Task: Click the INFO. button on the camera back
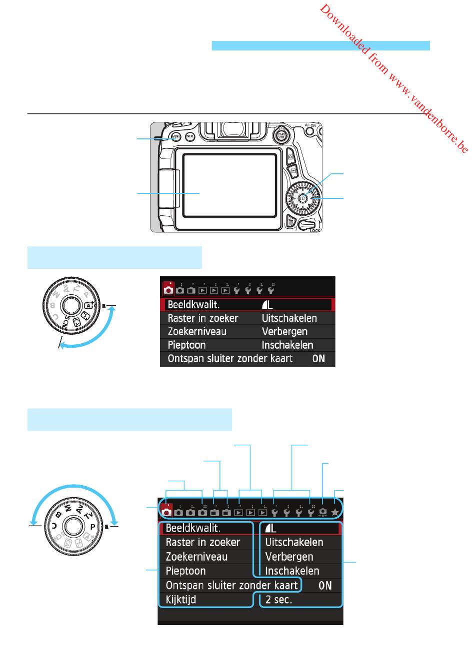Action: coord(190,136)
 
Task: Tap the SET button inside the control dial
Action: coord(302,198)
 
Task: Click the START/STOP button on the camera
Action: coord(280,135)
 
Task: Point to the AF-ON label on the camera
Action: coord(310,126)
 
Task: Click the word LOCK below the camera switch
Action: coord(315,230)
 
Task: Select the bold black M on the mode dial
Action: coord(66,510)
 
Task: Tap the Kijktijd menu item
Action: coord(181,600)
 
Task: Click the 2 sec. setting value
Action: coord(278,600)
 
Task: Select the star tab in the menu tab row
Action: coord(335,512)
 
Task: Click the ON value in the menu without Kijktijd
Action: coord(318,358)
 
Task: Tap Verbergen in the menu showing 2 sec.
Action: coord(289,557)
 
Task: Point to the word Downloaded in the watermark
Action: coord(344,30)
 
